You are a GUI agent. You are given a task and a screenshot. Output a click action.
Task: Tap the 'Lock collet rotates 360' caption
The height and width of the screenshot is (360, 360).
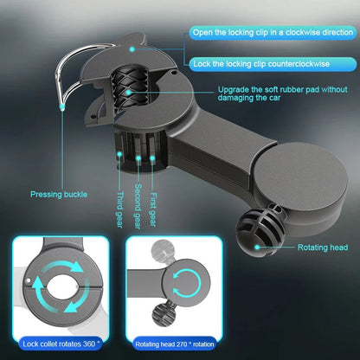pos(62,344)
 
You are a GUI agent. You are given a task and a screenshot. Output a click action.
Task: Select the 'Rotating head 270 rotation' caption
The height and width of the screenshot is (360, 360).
pos(181,344)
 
